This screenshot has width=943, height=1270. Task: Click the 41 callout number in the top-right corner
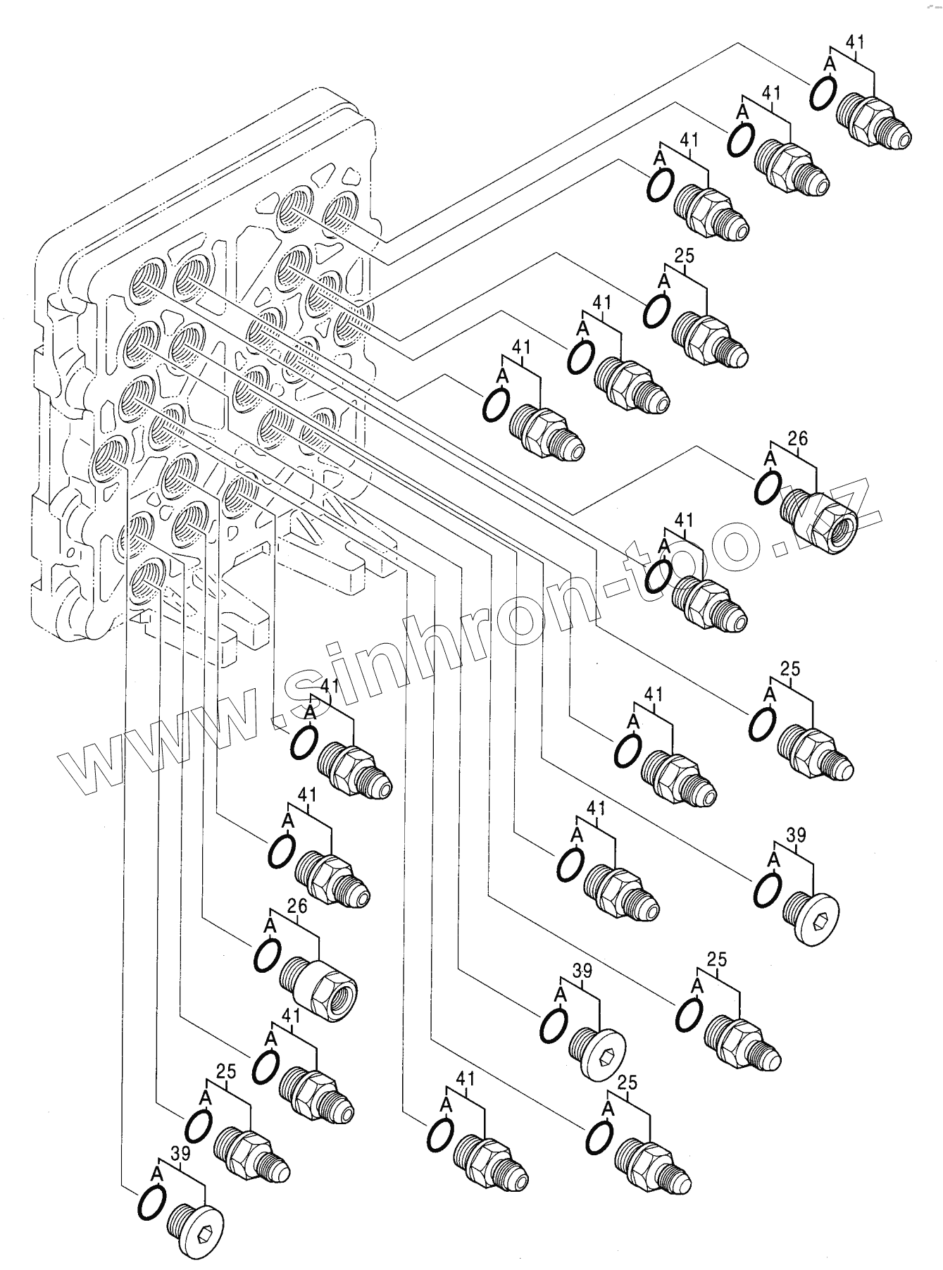(854, 42)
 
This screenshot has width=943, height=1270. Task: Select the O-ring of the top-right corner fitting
(823, 92)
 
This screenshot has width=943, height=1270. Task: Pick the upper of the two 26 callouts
(797, 439)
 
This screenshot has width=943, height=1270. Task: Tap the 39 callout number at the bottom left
(181, 1152)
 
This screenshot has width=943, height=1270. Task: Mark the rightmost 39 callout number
(795, 835)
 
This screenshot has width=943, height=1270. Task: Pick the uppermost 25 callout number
(684, 256)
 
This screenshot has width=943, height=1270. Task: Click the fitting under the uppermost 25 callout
(706, 340)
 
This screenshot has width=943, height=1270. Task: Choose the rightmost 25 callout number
(790, 668)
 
